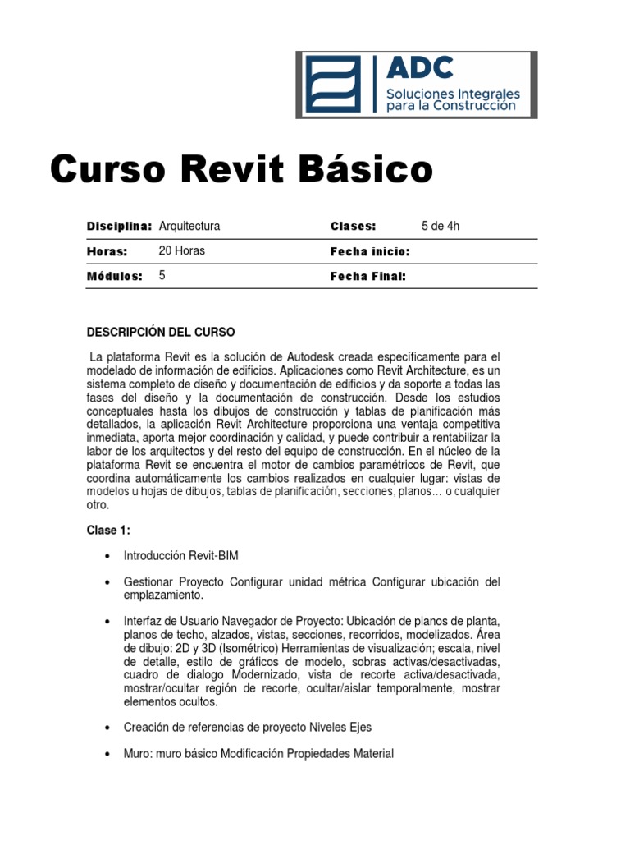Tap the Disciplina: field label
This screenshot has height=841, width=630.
119,226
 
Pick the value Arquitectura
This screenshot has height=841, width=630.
189,226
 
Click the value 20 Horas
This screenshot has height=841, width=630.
181,250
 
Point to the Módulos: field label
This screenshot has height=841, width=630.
115,276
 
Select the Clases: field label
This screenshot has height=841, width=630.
353,226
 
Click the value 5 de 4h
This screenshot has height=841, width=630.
441,226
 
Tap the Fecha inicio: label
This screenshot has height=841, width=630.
369,251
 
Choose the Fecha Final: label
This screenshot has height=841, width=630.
367,277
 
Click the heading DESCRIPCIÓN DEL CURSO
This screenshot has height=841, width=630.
161,332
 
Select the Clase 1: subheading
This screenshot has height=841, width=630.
108,531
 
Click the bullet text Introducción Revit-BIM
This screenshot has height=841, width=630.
180,556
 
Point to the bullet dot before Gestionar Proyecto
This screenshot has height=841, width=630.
107,581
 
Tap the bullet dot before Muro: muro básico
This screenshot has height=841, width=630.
107,753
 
